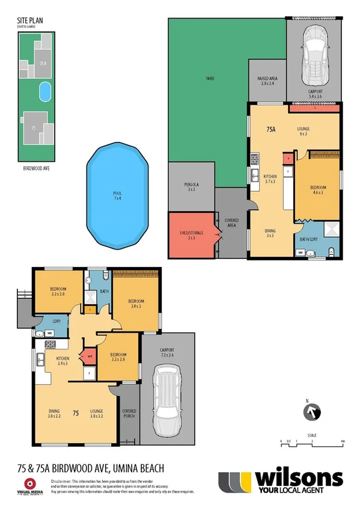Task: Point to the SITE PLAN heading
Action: (27, 20)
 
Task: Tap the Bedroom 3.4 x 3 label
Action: (136, 303)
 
